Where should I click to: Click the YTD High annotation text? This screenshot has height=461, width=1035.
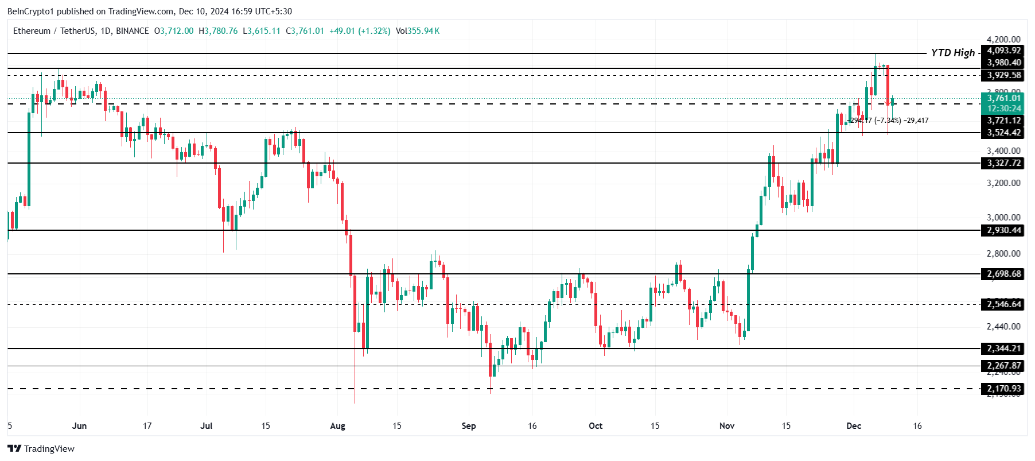click(952, 53)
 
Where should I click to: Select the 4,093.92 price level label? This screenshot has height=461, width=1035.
click(1003, 51)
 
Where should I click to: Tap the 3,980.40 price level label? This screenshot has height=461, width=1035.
click(1003, 63)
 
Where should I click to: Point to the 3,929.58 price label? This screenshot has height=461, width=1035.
click(1003, 75)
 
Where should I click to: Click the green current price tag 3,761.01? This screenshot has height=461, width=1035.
click(1003, 98)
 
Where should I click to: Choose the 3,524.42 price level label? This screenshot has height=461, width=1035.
click(1003, 133)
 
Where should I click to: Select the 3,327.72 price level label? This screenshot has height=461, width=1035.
click(1003, 163)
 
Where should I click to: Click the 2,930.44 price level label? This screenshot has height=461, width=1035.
click(1003, 230)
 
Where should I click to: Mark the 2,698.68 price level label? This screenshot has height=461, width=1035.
click(1003, 274)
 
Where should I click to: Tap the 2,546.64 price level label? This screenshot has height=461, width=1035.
click(1003, 304)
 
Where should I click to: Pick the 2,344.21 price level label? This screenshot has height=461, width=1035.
click(1003, 348)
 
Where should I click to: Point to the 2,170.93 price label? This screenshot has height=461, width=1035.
click(1003, 389)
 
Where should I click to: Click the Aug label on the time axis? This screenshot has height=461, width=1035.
click(338, 426)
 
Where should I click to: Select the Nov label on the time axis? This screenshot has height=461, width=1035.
click(727, 426)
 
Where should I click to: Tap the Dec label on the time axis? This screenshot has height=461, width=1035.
click(854, 426)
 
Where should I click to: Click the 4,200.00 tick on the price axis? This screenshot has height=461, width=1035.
click(1003, 39)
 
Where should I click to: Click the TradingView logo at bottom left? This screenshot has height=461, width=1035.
click(41, 449)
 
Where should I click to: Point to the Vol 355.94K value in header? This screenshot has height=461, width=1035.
click(418, 31)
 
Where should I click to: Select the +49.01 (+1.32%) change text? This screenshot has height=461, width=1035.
click(360, 31)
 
